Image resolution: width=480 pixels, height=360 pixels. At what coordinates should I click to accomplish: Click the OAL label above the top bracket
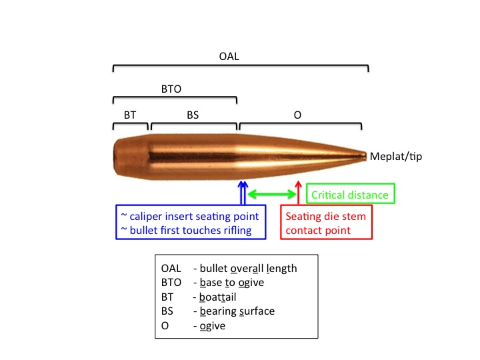pos(229,57)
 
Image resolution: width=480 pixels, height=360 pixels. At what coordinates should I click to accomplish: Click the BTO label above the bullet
pos(171,88)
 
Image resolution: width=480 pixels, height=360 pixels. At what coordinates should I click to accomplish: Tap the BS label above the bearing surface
pos(193,115)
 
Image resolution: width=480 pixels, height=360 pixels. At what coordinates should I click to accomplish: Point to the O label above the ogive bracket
pos(297,115)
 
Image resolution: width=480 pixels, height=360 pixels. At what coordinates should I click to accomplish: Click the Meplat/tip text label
pos(395,157)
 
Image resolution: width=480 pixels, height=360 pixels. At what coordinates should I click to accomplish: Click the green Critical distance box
pos(350,195)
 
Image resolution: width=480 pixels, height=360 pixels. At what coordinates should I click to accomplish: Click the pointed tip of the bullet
pos(365,155)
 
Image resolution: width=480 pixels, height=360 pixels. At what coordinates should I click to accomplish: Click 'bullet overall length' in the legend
pos(245,269)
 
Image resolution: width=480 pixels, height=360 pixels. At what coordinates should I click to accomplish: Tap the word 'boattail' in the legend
pos(210,297)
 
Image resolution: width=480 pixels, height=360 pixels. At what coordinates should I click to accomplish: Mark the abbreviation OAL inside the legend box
pos(171,269)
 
